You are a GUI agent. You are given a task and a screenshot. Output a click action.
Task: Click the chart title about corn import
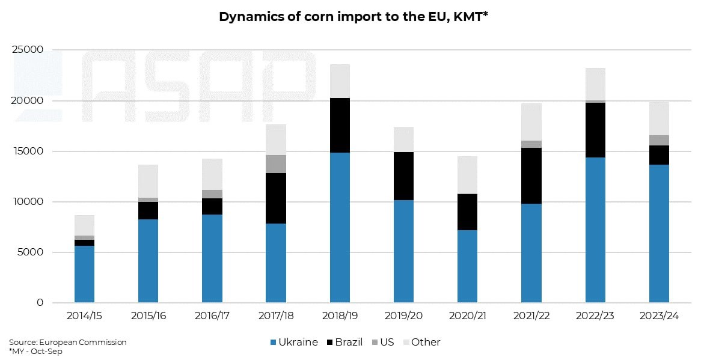pos(353,17)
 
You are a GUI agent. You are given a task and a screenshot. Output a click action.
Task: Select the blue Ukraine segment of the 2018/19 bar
pos(340,227)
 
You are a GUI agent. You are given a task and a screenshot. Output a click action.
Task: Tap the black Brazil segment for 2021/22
pos(531,175)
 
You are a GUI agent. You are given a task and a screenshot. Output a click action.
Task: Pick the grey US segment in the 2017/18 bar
pos(276,164)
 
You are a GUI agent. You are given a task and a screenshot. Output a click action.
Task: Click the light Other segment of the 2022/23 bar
pos(595,84)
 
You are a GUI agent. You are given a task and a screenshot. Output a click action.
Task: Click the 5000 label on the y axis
pos(31,252)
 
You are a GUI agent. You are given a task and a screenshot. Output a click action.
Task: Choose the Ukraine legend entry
pos(294,342)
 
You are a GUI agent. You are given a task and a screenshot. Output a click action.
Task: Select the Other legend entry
pos(420,342)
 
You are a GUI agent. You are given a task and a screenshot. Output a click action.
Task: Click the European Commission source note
pos(68,342)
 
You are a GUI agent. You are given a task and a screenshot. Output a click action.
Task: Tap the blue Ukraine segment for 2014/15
pos(84,274)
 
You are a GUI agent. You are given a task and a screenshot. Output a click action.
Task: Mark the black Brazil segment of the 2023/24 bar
pos(659,155)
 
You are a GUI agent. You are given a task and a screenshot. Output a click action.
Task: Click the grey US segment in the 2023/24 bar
pos(659,140)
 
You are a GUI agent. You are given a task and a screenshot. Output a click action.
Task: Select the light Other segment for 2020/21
pos(467,175)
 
